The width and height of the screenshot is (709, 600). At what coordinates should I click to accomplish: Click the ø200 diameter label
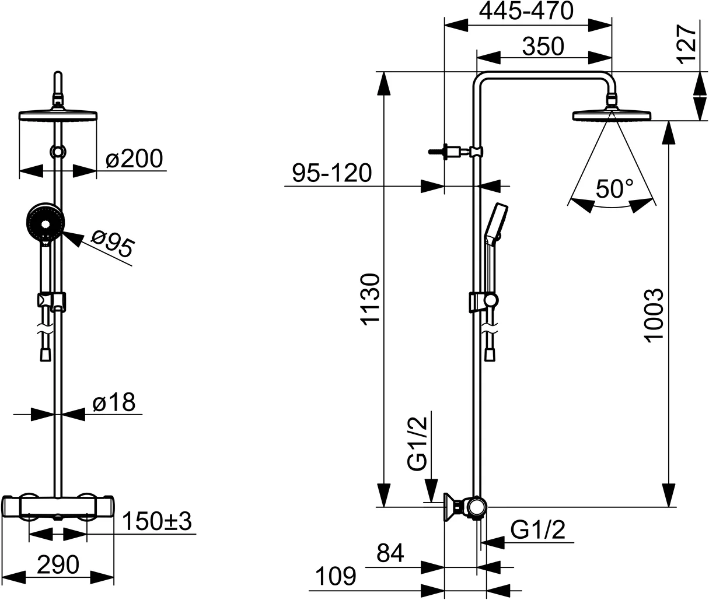point(135,158)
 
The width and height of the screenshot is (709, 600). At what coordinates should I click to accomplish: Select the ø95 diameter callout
point(113,243)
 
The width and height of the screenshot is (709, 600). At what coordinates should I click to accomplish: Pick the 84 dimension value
point(390,553)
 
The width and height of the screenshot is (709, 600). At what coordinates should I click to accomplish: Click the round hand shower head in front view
point(45,223)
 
